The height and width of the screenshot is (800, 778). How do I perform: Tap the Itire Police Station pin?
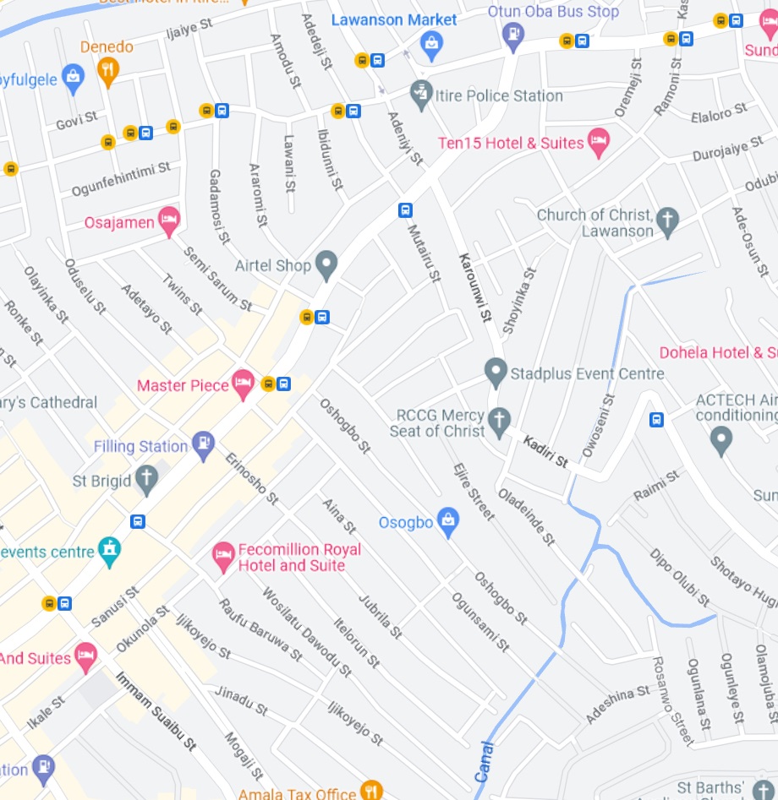pyautogui.click(x=421, y=95)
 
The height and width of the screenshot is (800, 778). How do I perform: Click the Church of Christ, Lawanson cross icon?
pyautogui.click(x=667, y=220)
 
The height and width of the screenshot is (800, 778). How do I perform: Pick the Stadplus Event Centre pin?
pyautogui.click(x=496, y=371)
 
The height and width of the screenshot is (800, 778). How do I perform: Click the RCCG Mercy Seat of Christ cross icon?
pyautogui.click(x=500, y=421)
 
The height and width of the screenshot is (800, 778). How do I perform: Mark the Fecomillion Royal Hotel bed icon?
pyautogui.click(x=223, y=556)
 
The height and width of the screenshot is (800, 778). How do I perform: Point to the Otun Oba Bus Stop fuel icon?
pyautogui.click(x=512, y=35)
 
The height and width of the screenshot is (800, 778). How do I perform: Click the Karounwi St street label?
pyautogui.click(x=474, y=287)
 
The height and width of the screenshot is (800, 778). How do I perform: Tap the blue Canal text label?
pyautogui.click(x=484, y=762)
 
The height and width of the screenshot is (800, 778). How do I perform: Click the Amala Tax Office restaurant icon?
pyautogui.click(x=370, y=790)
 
